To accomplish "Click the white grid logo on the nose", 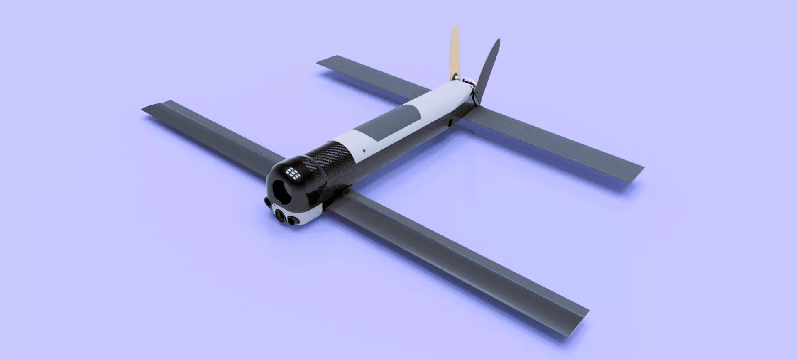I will click(293, 172).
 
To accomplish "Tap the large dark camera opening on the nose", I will click(283, 191).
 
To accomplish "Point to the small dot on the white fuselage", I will click(364, 151).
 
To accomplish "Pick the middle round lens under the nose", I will click(281, 216).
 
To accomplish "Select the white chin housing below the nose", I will click(309, 216).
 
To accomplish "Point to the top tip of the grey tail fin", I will click(498, 40).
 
